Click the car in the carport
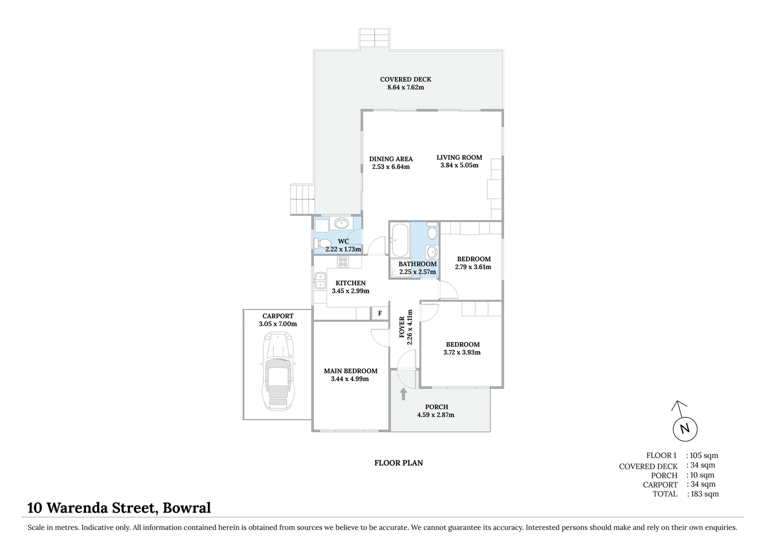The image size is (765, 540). pyautogui.click(x=278, y=371)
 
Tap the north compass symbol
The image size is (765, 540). pyautogui.click(x=684, y=428)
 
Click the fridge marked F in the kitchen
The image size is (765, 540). pyautogui.click(x=379, y=313)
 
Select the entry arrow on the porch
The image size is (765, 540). pyautogui.click(x=404, y=394)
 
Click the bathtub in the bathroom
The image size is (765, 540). pyautogui.click(x=400, y=240)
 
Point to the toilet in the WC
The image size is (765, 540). pyautogui.click(x=320, y=243)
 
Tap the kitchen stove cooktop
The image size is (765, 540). pyautogui.click(x=343, y=262)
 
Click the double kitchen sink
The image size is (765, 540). pyautogui.click(x=319, y=280)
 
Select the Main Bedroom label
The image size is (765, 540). pyautogui.click(x=350, y=371)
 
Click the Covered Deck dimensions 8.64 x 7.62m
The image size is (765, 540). pyautogui.click(x=406, y=87)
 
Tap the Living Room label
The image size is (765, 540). pyautogui.click(x=459, y=157)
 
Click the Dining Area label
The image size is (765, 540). pyautogui.click(x=391, y=159)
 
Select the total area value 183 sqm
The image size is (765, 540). pyautogui.click(x=704, y=494)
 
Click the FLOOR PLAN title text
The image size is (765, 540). pyautogui.click(x=399, y=463)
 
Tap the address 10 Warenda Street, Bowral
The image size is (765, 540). pyautogui.click(x=119, y=508)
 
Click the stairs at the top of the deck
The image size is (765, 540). pyautogui.click(x=374, y=39)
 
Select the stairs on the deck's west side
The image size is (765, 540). pyautogui.click(x=302, y=199)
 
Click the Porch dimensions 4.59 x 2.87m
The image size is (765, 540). pyautogui.click(x=436, y=415)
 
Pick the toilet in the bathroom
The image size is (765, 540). pyautogui.click(x=432, y=231)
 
